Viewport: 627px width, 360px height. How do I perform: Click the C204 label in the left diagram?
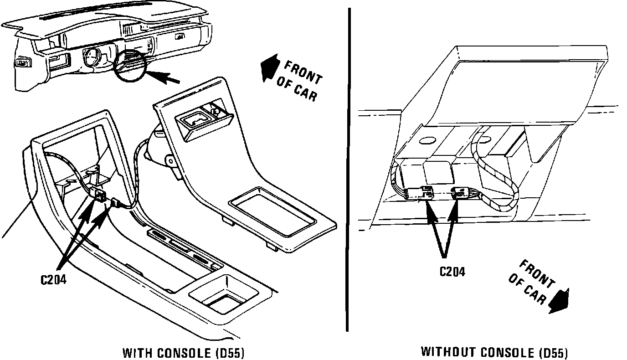53,280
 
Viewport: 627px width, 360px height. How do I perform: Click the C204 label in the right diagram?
452,272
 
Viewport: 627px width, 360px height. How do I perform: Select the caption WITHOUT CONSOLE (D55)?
494,352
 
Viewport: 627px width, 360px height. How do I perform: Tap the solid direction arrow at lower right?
559,301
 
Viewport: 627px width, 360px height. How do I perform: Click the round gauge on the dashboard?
91,57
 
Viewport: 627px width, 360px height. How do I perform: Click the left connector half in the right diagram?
421,193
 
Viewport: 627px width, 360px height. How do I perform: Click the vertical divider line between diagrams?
348,169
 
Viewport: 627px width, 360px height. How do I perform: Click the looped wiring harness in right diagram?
497,173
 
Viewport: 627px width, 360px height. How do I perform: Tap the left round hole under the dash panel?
427,141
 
